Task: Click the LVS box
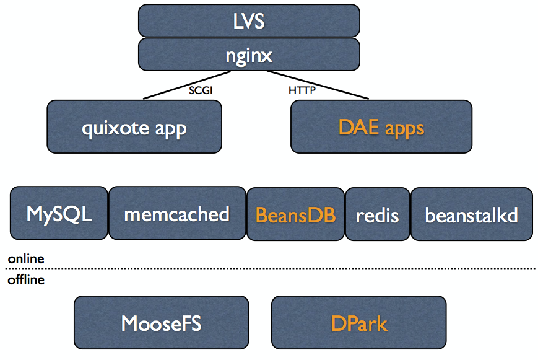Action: click(x=249, y=20)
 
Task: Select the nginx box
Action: click(x=249, y=55)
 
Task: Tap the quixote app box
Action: click(x=134, y=128)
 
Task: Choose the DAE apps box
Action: click(x=381, y=128)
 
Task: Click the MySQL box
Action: click(x=59, y=214)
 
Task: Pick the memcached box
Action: click(x=177, y=214)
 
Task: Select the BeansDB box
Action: click(x=295, y=214)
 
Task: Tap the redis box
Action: click(x=377, y=215)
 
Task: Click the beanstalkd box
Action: click(x=471, y=215)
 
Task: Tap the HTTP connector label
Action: click(x=302, y=90)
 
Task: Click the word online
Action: click(x=26, y=258)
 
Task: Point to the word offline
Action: click(x=26, y=280)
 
